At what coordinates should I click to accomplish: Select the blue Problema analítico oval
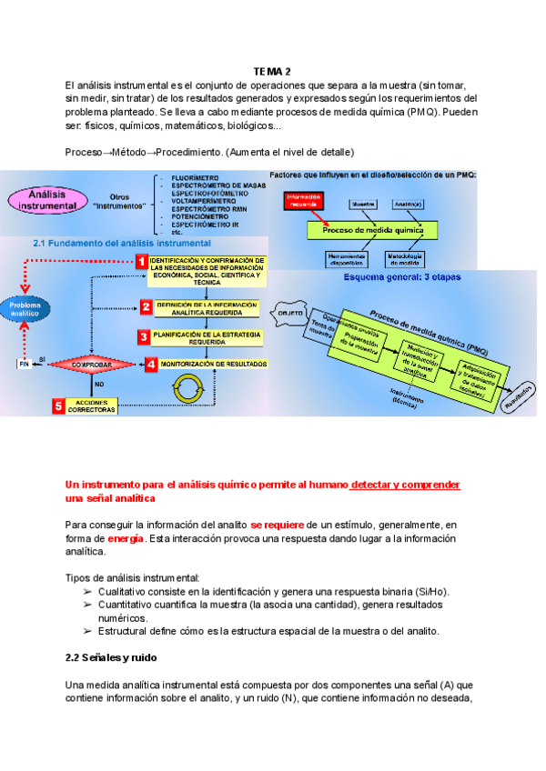tap(25, 310)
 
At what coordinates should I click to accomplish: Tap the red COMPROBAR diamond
tap(92, 365)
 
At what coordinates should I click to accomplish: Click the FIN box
tap(25, 364)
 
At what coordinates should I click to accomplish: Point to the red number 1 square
tap(142, 261)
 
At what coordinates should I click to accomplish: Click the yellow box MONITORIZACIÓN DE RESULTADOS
tap(217, 364)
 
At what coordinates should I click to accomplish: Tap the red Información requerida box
tap(305, 201)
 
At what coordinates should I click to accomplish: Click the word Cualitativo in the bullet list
tap(125, 591)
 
